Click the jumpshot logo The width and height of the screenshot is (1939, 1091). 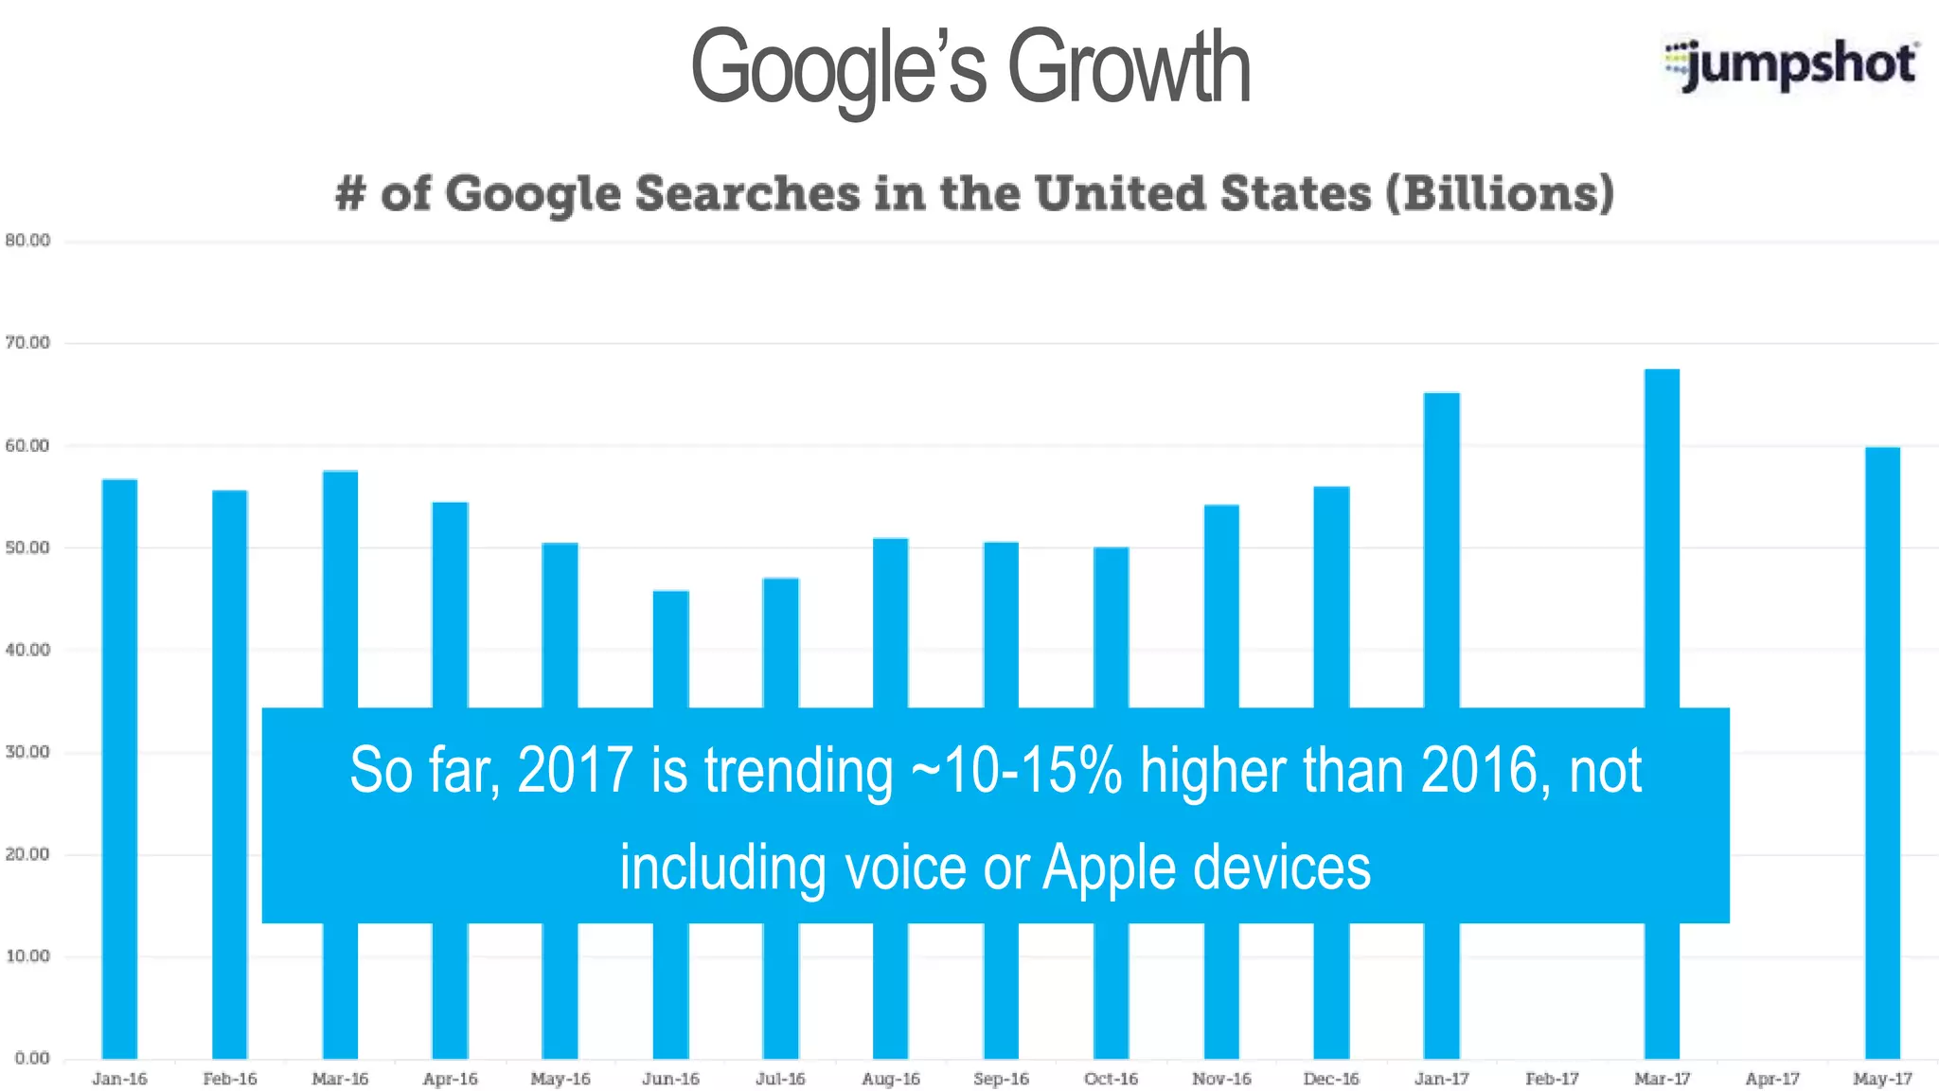tap(1791, 64)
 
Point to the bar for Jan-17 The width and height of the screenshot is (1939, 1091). tap(1441, 549)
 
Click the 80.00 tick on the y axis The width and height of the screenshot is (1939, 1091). tap(27, 241)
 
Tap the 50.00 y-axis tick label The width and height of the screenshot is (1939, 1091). tap(27, 547)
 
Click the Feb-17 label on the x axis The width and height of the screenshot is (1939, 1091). tap(1552, 1079)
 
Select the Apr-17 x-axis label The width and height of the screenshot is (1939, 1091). tap(1772, 1079)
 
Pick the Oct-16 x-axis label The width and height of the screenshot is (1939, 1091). tap(1111, 1079)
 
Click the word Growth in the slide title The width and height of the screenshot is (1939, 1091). tap(1129, 68)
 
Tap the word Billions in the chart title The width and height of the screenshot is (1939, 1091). tap(1500, 193)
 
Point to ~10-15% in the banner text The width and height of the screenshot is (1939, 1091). tap(1016, 770)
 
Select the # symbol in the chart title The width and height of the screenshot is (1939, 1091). tap(350, 193)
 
